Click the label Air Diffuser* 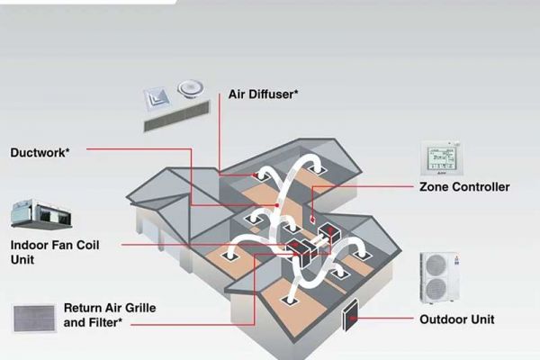click(x=264, y=93)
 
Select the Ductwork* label click(x=40, y=153)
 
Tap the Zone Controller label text click(x=464, y=187)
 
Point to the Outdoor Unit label click(x=457, y=319)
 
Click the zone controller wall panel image click(x=442, y=158)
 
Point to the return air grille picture click(x=35, y=318)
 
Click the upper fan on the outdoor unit click(x=436, y=265)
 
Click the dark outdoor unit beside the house click(x=350, y=310)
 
